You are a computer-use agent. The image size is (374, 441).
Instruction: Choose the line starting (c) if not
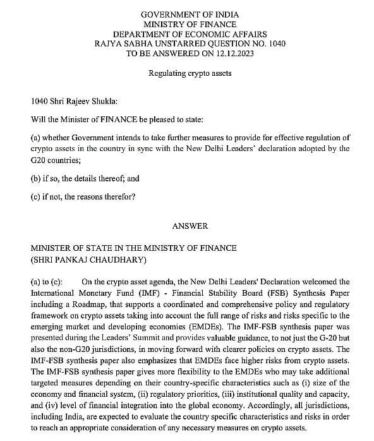pyautogui.click(x=83, y=196)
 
